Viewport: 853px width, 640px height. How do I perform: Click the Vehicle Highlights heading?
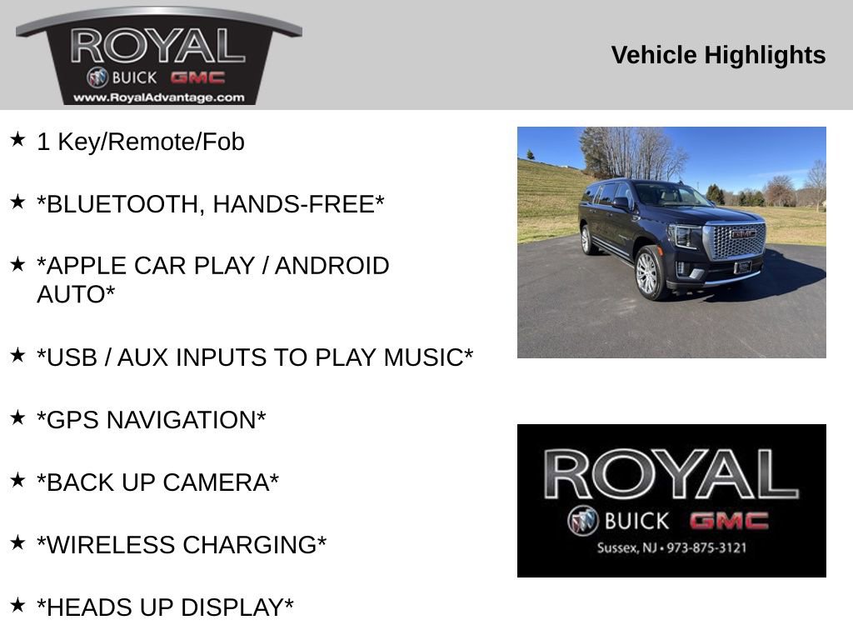point(718,55)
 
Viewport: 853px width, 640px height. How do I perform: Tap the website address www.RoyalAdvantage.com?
point(158,97)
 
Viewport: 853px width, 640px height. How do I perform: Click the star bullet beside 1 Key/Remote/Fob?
point(17,139)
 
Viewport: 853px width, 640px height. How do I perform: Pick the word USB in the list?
point(67,358)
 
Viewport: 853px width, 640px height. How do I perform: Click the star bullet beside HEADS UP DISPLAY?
point(17,605)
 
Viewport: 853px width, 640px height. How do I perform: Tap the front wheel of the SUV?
point(649,273)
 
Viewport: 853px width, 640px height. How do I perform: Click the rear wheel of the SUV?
point(586,240)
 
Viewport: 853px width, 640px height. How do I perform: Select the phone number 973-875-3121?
point(707,548)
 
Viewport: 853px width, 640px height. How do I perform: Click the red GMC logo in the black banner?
point(728,522)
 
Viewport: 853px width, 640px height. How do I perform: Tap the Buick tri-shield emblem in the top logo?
point(97,77)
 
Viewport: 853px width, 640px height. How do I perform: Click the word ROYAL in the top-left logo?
point(158,47)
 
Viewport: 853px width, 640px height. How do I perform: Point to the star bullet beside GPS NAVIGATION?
point(17,417)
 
